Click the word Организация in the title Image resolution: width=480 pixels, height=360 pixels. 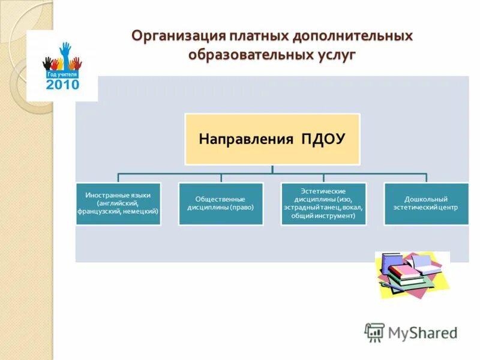tap(173, 36)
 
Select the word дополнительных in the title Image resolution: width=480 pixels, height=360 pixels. tap(353, 36)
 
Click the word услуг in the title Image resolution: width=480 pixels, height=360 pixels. tap(334, 55)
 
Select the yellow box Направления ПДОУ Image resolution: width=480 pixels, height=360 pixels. tap(272, 139)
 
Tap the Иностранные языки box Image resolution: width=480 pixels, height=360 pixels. tap(118, 204)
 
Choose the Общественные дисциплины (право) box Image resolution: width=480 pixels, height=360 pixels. tap(221, 204)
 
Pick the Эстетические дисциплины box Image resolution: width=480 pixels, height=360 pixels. tap(323, 204)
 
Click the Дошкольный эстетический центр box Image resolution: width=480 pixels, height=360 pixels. tap(427, 204)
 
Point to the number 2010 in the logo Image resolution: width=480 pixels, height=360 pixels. tap(62, 85)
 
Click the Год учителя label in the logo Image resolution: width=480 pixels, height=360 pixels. tap(62, 74)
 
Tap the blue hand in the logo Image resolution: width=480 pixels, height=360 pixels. tap(65, 52)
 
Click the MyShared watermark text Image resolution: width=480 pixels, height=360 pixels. tap(422, 332)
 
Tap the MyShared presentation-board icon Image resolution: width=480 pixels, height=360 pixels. tap(374, 332)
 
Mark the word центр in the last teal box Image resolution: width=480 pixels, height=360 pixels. tap(448, 208)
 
